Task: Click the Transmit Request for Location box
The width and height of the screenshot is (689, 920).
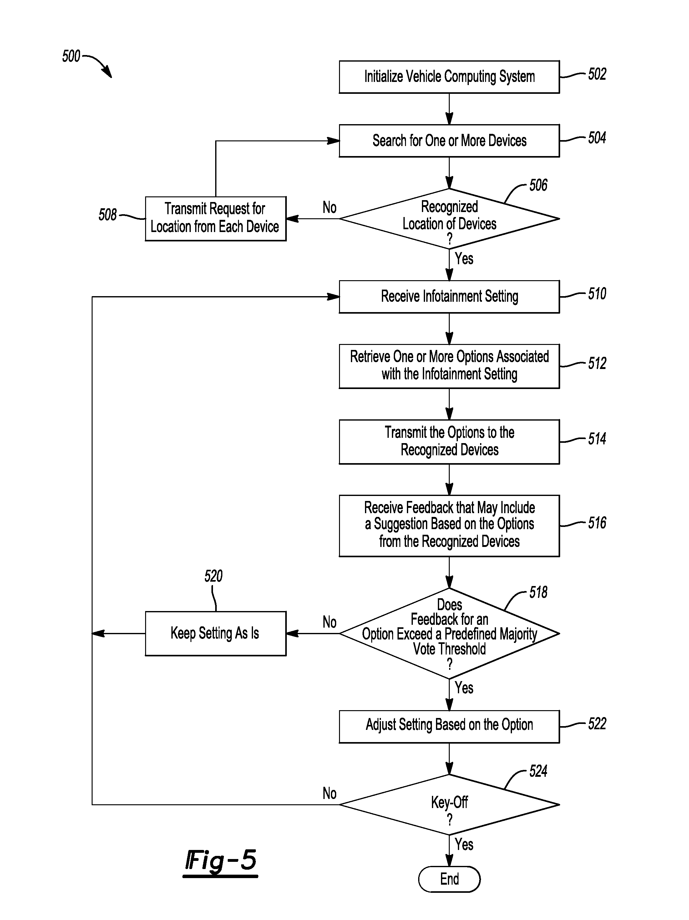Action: [215, 218]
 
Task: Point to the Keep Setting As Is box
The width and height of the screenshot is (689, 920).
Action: [215, 634]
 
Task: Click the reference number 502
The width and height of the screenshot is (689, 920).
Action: [597, 74]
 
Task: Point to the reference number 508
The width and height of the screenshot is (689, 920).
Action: [107, 215]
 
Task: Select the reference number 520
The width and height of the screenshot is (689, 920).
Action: [213, 576]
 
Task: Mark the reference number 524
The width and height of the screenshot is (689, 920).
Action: [538, 771]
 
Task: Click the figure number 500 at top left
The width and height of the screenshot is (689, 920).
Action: [71, 56]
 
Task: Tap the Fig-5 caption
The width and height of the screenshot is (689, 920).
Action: [220, 861]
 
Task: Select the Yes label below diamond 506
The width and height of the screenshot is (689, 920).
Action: [464, 259]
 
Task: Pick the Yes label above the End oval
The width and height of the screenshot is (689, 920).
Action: [464, 844]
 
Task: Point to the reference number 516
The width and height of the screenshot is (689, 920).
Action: [597, 523]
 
